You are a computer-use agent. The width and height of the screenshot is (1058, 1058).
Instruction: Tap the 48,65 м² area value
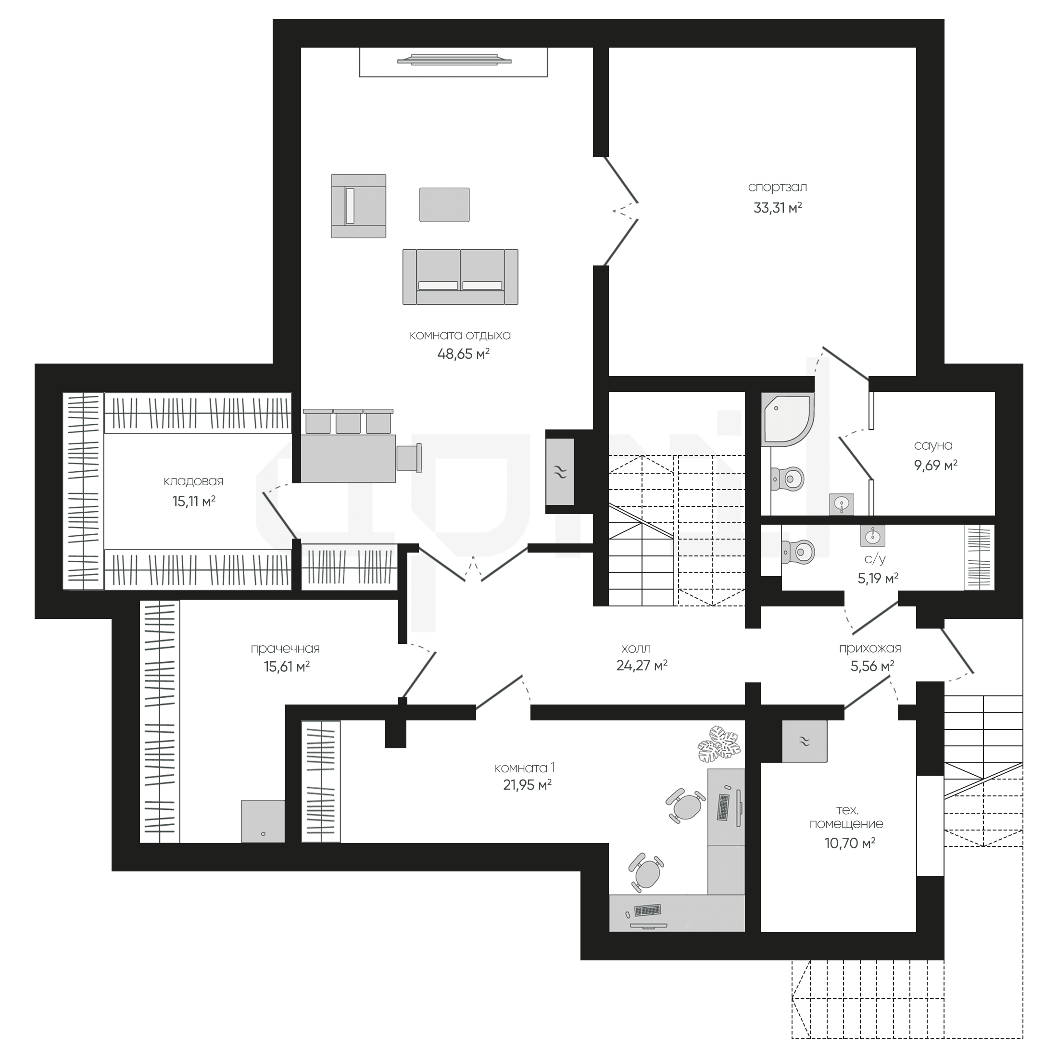point(463,354)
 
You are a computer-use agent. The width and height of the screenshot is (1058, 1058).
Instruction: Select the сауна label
point(933,446)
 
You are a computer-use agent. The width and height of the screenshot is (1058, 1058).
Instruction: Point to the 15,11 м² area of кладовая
point(194,501)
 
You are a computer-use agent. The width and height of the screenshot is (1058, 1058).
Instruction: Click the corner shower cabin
point(787,419)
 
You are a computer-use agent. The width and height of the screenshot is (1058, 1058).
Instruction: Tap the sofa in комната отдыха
point(460,277)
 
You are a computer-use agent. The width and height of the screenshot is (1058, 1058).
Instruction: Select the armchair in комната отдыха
point(358,206)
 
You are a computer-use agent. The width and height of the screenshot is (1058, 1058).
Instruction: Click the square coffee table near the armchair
point(444,205)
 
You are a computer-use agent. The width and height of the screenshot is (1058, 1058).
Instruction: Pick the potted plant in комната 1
point(719,743)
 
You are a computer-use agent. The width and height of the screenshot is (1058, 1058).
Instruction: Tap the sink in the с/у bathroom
point(872,535)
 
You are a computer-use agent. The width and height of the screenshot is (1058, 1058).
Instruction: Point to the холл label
point(636,649)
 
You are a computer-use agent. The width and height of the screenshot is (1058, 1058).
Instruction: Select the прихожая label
point(869,649)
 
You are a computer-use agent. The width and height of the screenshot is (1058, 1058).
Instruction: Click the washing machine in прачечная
point(263,821)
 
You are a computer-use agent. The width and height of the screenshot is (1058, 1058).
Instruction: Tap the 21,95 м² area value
point(527,785)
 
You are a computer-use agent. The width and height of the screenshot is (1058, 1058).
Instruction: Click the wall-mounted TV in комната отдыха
point(454,59)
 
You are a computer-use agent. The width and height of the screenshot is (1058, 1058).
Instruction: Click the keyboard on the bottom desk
point(647,910)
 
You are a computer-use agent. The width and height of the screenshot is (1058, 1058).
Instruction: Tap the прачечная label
point(285,649)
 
